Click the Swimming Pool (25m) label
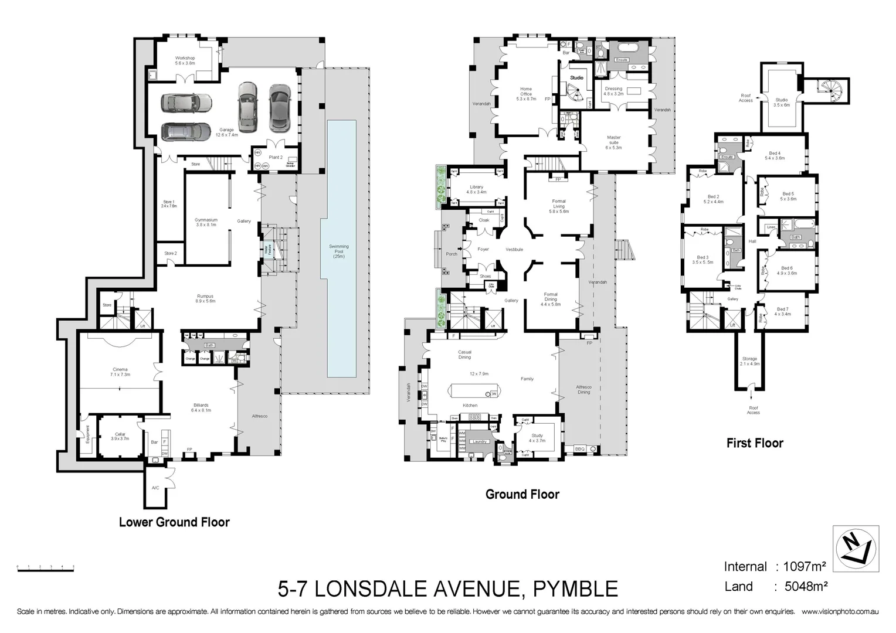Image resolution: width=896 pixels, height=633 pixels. (x=339, y=251)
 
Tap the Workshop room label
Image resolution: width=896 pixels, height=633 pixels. (x=185, y=60)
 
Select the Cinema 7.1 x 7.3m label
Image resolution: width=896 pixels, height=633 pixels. (x=120, y=372)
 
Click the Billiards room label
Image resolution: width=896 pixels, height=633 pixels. (x=201, y=407)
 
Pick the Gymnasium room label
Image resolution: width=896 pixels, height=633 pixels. (x=206, y=222)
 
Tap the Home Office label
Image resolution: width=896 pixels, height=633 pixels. (x=526, y=94)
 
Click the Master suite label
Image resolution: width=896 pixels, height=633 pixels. (x=613, y=142)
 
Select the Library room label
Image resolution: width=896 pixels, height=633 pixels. (x=476, y=189)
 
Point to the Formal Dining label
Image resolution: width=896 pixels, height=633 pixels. (x=551, y=299)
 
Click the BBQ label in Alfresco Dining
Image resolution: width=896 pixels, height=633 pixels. (x=580, y=449)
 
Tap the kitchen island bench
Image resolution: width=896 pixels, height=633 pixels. (x=474, y=391)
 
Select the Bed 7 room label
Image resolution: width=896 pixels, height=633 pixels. (x=782, y=311)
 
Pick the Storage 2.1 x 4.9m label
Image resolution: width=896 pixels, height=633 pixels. (x=749, y=361)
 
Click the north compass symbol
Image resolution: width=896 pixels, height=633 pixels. (x=856, y=549)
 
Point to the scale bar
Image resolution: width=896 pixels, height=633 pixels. (x=46, y=568)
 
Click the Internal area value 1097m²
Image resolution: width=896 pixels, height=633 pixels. (x=801, y=567)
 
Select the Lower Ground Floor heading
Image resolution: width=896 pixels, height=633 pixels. (x=174, y=522)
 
